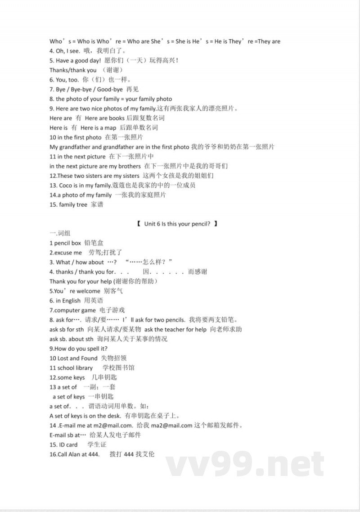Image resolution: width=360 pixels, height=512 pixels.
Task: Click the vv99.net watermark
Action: pos(245,463)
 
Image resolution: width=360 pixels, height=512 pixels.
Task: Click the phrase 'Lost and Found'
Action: pos(77,358)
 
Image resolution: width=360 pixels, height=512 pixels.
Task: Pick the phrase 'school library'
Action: pos(75,368)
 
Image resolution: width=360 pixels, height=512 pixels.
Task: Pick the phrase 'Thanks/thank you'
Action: pos(73,70)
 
